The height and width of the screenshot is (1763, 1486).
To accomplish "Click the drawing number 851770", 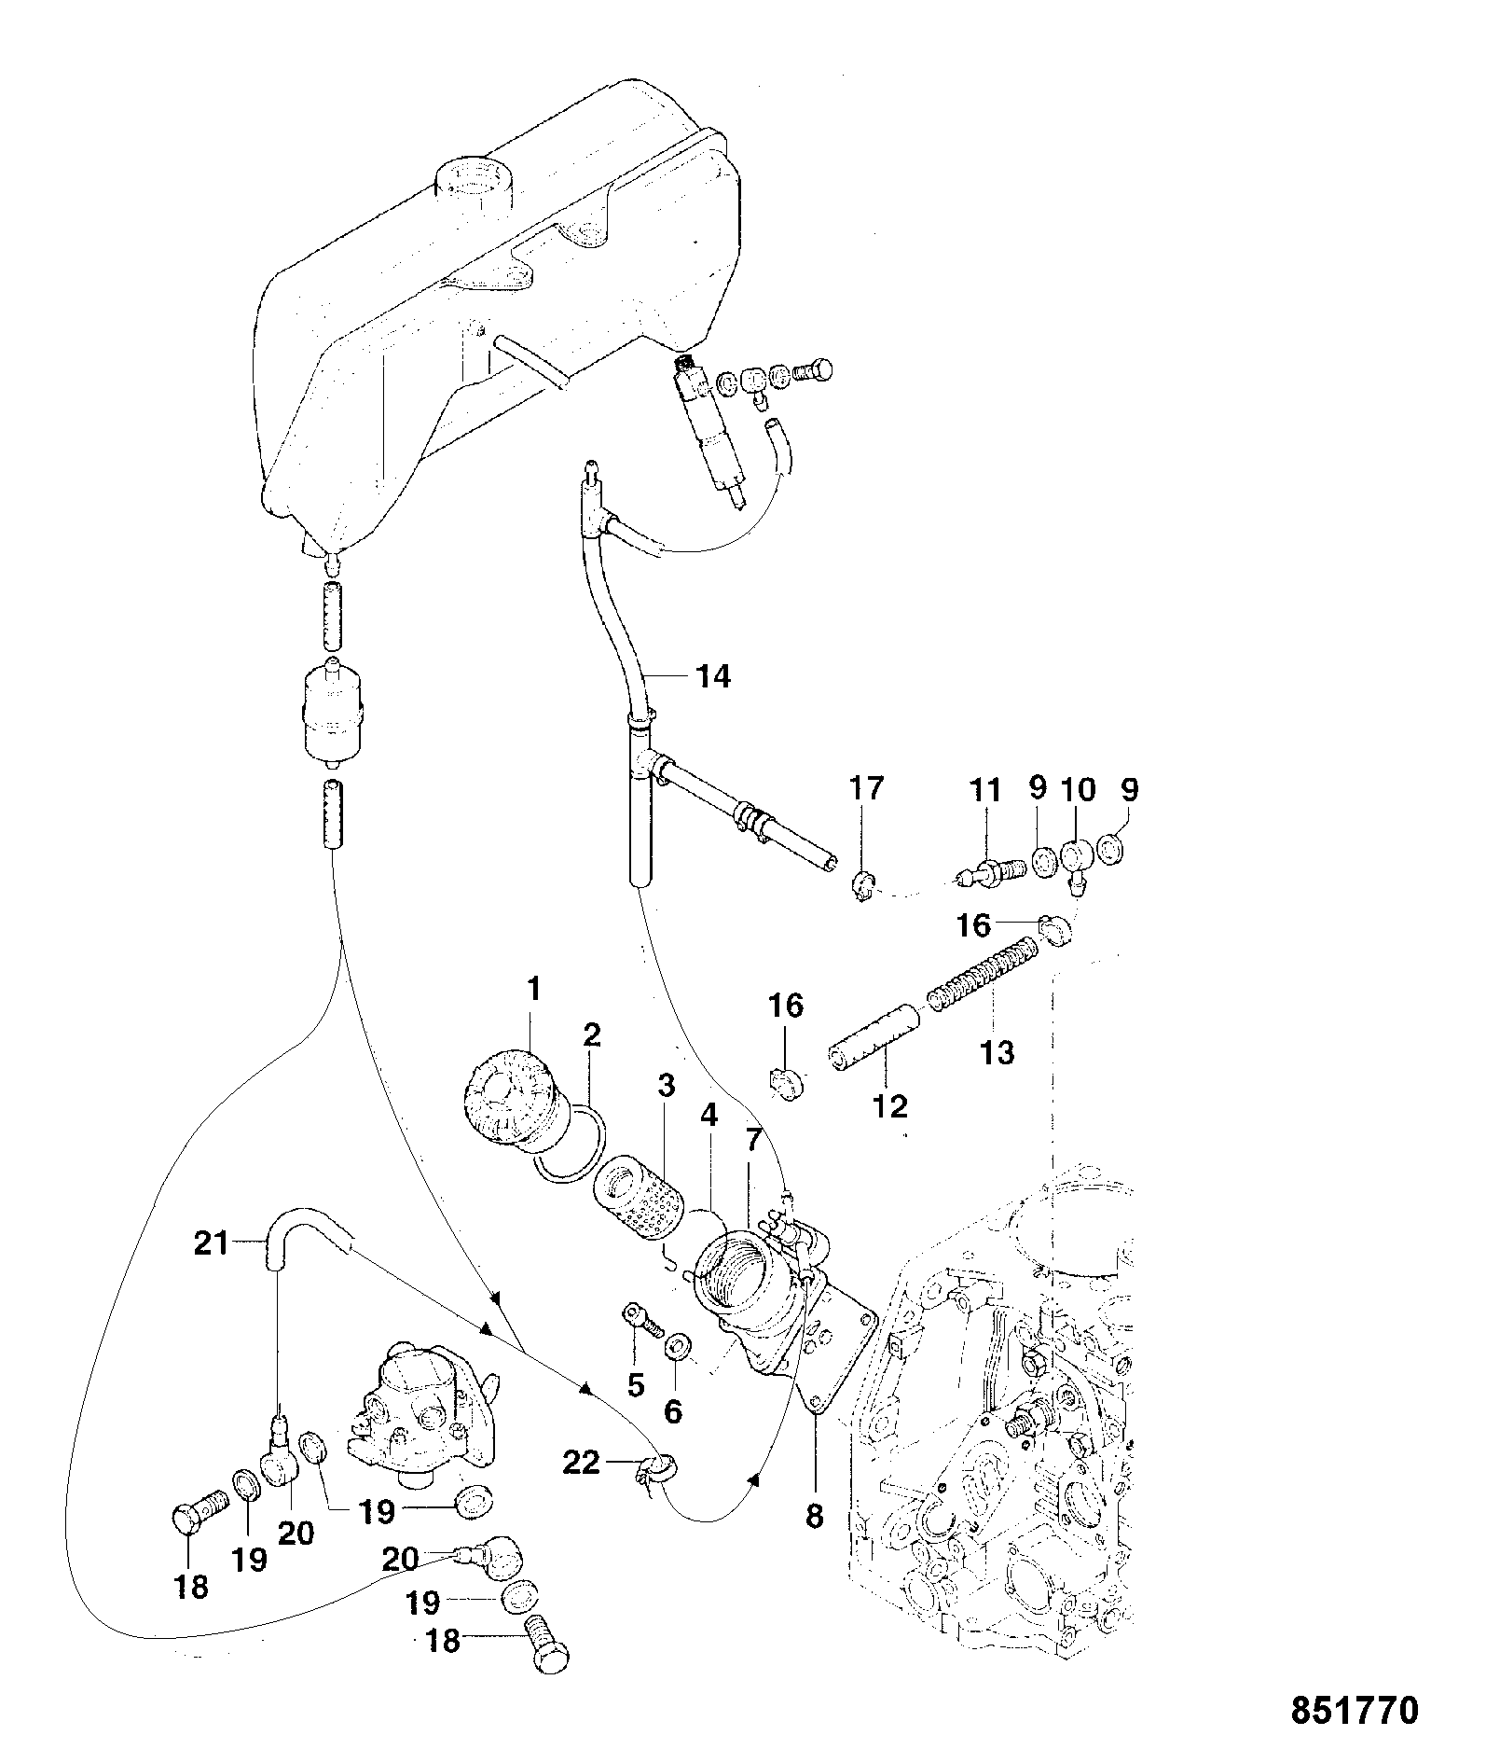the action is pos(1354,1711).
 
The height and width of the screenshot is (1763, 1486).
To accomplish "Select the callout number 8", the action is pos(814,1518).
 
